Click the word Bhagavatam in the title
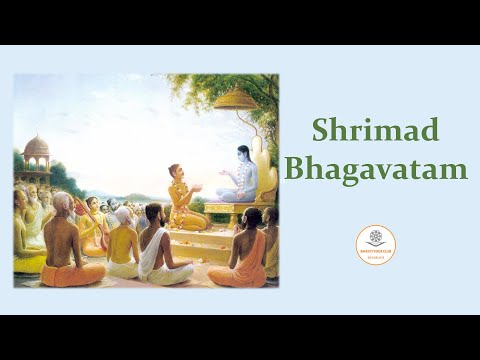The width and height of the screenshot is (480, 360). pyautogui.click(x=375, y=167)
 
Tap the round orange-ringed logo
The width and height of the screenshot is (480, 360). pyautogui.click(x=376, y=245)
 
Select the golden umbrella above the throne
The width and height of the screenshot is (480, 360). pyautogui.click(x=237, y=100)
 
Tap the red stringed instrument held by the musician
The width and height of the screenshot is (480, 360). pyautogui.click(x=80, y=210)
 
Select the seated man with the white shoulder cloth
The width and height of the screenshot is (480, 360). pyautogui.click(x=155, y=245)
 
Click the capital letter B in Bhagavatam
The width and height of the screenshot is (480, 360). pyautogui.click(x=294, y=167)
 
